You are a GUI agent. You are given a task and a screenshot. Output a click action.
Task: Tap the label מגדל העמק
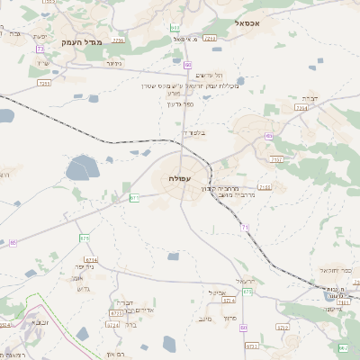tap(83, 42)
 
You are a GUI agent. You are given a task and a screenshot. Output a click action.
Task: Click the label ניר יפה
tap(85, 267)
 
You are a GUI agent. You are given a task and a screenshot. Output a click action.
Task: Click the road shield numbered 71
tap(245, 228)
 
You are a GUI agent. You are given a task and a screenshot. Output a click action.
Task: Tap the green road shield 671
tap(134, 197)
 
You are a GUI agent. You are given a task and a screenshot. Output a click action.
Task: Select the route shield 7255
tap(44, 82)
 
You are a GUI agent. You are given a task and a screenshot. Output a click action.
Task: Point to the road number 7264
tap(301, 107)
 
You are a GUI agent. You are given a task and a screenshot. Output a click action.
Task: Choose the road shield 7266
tap(210, 39)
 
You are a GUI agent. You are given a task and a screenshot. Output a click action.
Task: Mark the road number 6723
tap(116, 313)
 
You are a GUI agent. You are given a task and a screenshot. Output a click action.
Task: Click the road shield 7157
tap(276, 159)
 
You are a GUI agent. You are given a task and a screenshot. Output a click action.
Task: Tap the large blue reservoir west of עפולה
tap(82, 166)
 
